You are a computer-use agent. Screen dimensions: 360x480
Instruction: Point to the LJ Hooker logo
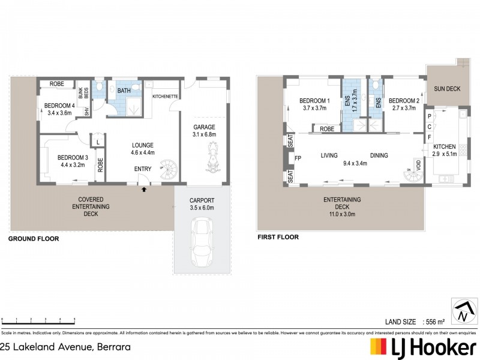[x=424, y=347]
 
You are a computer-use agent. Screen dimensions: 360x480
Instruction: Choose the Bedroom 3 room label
[x=73, y=158]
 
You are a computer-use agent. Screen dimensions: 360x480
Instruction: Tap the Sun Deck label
[x=447, y=89]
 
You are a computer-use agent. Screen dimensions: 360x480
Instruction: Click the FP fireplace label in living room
[x=298, y=159]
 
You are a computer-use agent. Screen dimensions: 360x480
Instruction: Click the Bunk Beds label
[x=86, y=93]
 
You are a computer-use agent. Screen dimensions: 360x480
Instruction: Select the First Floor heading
[x=278, y=237]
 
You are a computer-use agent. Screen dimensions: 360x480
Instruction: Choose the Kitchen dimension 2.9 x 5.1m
[x=445, y=154]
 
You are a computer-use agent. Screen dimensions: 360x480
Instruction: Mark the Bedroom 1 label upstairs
[x=313, y=100]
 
